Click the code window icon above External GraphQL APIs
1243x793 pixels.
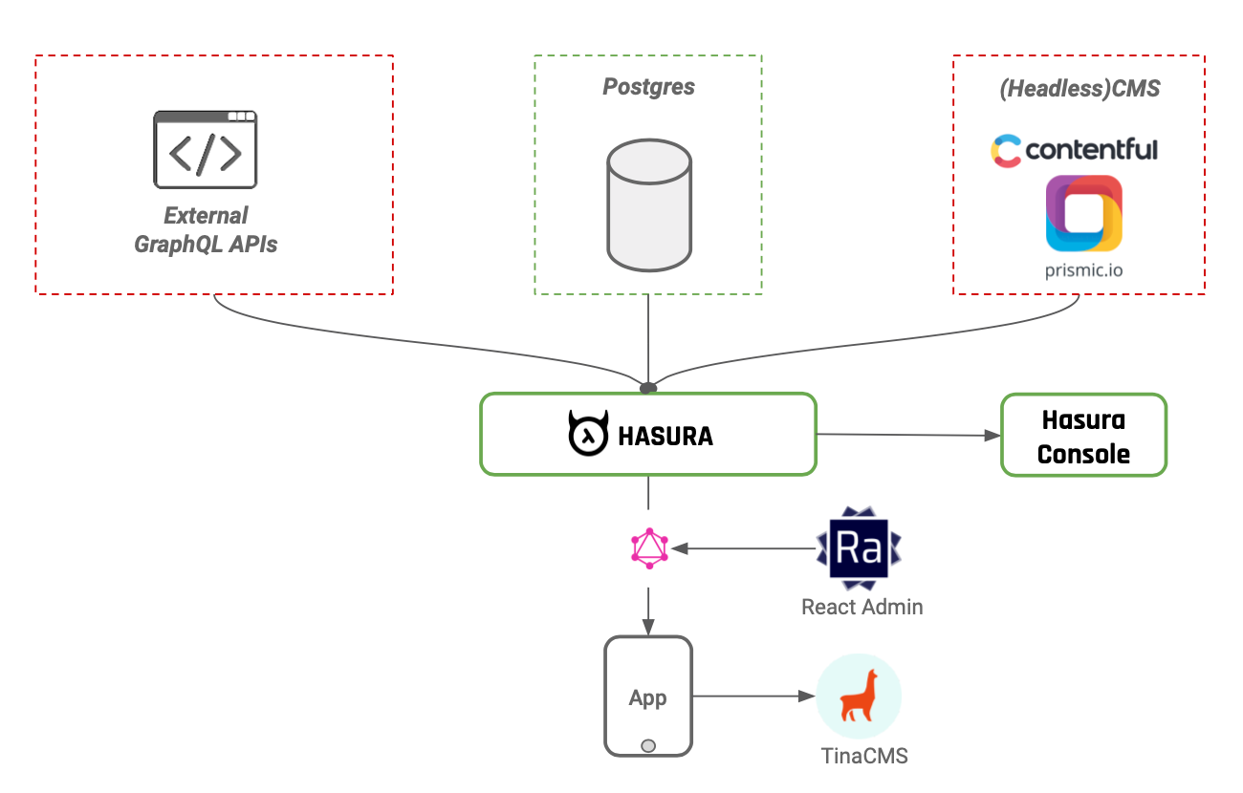click(206, 149)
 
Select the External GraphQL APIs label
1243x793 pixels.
click(206, 229)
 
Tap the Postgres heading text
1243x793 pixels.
click(648, 87)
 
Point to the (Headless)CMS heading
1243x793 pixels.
click(1079, 89)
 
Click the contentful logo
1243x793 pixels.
click(1074, 150)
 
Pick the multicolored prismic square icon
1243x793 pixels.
click(1083, 212)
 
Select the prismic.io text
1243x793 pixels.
click(1083, 270)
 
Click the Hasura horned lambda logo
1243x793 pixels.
click(587, 435)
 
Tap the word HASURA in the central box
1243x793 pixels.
click(665, 437)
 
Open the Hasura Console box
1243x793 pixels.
click(1083, 436)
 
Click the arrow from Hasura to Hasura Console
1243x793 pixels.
click(908, 435)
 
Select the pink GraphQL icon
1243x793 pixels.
click(649, 548)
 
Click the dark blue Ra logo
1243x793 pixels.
click(859, 548)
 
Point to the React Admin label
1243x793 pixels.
click(861, 607)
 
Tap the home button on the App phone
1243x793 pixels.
click(648, 745)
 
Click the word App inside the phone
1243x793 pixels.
click(647, 698)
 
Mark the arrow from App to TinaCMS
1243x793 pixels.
click(751, 696)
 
